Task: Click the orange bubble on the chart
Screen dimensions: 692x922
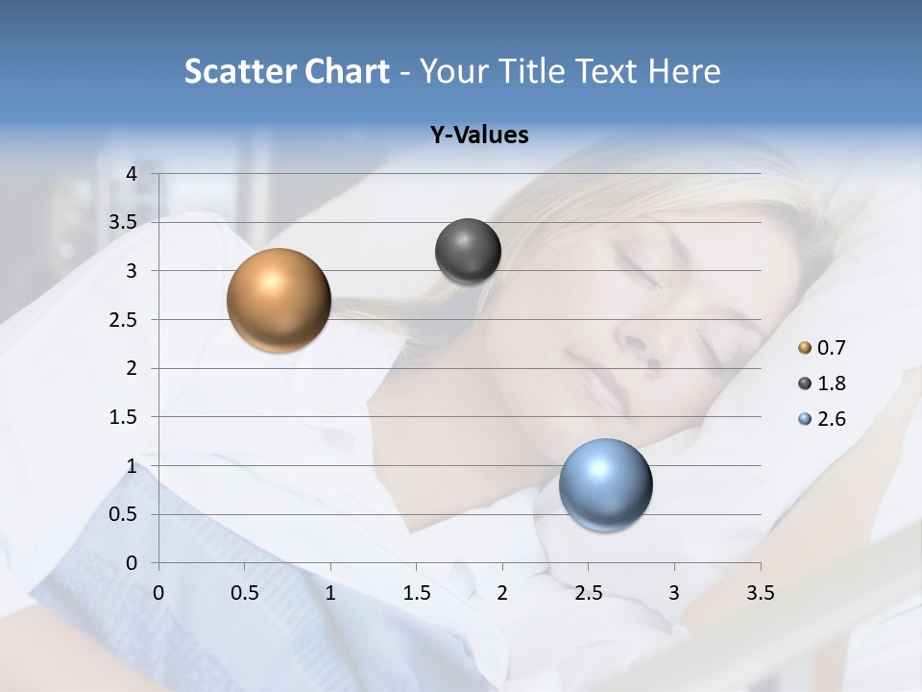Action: (x=279, y=300)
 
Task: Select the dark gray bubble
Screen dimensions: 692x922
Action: (x=468, y=252)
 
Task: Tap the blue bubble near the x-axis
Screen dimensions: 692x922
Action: (x=605, y=484)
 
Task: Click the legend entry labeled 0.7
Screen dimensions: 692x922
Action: (x=822, y=348)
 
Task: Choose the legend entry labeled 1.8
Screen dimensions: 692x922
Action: (x=822, y=383)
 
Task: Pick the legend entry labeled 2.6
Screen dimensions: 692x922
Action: (x=822, y=419)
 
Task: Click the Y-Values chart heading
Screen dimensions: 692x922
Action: (x=479, y=136)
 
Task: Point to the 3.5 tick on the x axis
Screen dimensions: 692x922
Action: (x=761, y=592)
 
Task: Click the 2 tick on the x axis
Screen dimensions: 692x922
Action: (x=502, y=592)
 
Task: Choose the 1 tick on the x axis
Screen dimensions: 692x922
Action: (x=330, y=592)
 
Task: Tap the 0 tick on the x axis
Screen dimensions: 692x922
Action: (x=158, y=592)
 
